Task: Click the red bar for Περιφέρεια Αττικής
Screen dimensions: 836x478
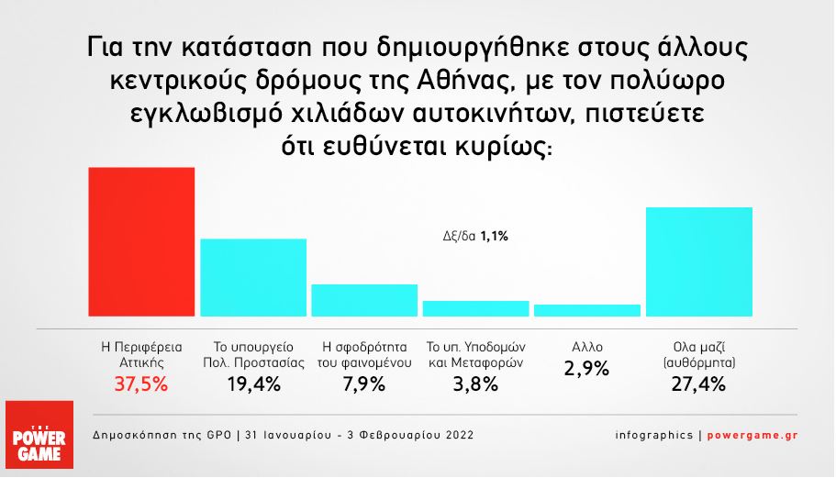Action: click(141, 242)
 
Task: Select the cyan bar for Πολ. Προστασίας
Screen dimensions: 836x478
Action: click(253, 278)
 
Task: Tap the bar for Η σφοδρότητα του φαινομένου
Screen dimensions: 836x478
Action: click(364, 301)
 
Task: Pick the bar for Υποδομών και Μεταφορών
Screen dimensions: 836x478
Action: click(476, 308)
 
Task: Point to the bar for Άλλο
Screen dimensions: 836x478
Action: click(587, 311)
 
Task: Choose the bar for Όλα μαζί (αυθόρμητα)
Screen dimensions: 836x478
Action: click(699, 261)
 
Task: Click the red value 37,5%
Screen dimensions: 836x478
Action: click(141, 384)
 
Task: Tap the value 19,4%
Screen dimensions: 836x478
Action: click(254, 384)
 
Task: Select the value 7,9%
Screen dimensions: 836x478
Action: click(364, 384)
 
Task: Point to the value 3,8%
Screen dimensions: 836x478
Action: click(475, 384)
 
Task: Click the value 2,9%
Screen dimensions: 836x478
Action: click(586, 369)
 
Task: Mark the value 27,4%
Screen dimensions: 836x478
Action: click(698, 384)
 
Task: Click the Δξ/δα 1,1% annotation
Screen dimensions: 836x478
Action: click(475, 236)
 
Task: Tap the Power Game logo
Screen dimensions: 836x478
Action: click(39, 435)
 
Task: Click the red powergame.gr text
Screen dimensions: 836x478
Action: click(752, 436)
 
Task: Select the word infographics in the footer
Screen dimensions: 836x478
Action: click(654, 436)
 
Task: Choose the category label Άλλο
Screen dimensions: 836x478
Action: click(587, 347)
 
